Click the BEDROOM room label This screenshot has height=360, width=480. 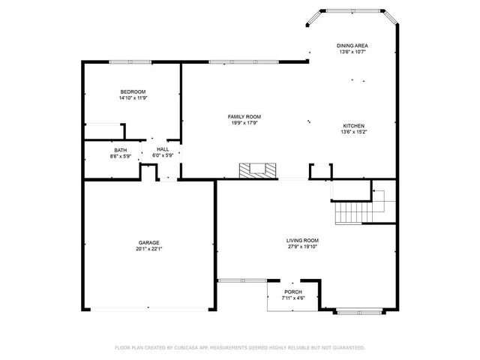click(132, 91)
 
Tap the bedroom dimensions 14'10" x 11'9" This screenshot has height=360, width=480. click(132, 98)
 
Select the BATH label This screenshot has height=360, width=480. click(121, 150)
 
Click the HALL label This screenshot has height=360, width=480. click(163, 149)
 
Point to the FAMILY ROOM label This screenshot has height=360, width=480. click(244, 116)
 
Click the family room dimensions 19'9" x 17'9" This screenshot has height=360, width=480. click(244, 123)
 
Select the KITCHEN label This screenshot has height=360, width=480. click(354, 125)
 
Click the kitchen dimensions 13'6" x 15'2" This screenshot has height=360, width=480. click(354, 132)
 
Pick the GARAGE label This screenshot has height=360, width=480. click(148, 242)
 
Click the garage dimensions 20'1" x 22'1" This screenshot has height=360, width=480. click(148, 249)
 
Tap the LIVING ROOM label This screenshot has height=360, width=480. click(303, 241)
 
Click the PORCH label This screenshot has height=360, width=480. click(293, 292)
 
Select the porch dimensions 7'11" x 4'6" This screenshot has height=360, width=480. click(293, 298)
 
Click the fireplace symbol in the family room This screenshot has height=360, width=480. click(255, 171)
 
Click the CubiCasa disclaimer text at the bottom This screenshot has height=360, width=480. click(240, 348)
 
